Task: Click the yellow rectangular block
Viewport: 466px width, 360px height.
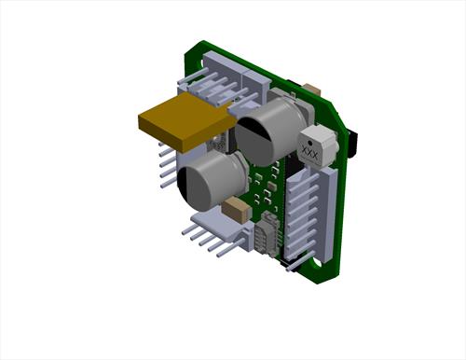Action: [x=185, y=121]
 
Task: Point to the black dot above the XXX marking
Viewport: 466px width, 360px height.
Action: [x=309, y=144]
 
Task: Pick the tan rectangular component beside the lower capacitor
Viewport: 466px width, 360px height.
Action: [x=237, y=210]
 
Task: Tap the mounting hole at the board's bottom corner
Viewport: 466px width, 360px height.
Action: [x=317, y=264]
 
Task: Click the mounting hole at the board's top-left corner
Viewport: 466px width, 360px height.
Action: [x=202, y=63]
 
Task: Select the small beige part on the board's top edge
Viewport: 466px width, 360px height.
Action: [x=312, y=90]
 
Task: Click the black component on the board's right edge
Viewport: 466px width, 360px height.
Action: [x=352, y=144]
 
